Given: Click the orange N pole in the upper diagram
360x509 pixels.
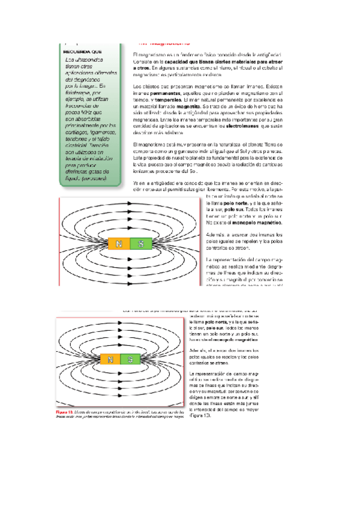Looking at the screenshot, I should (118, 244).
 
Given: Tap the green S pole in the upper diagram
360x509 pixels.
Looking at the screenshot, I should (140, 244).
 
